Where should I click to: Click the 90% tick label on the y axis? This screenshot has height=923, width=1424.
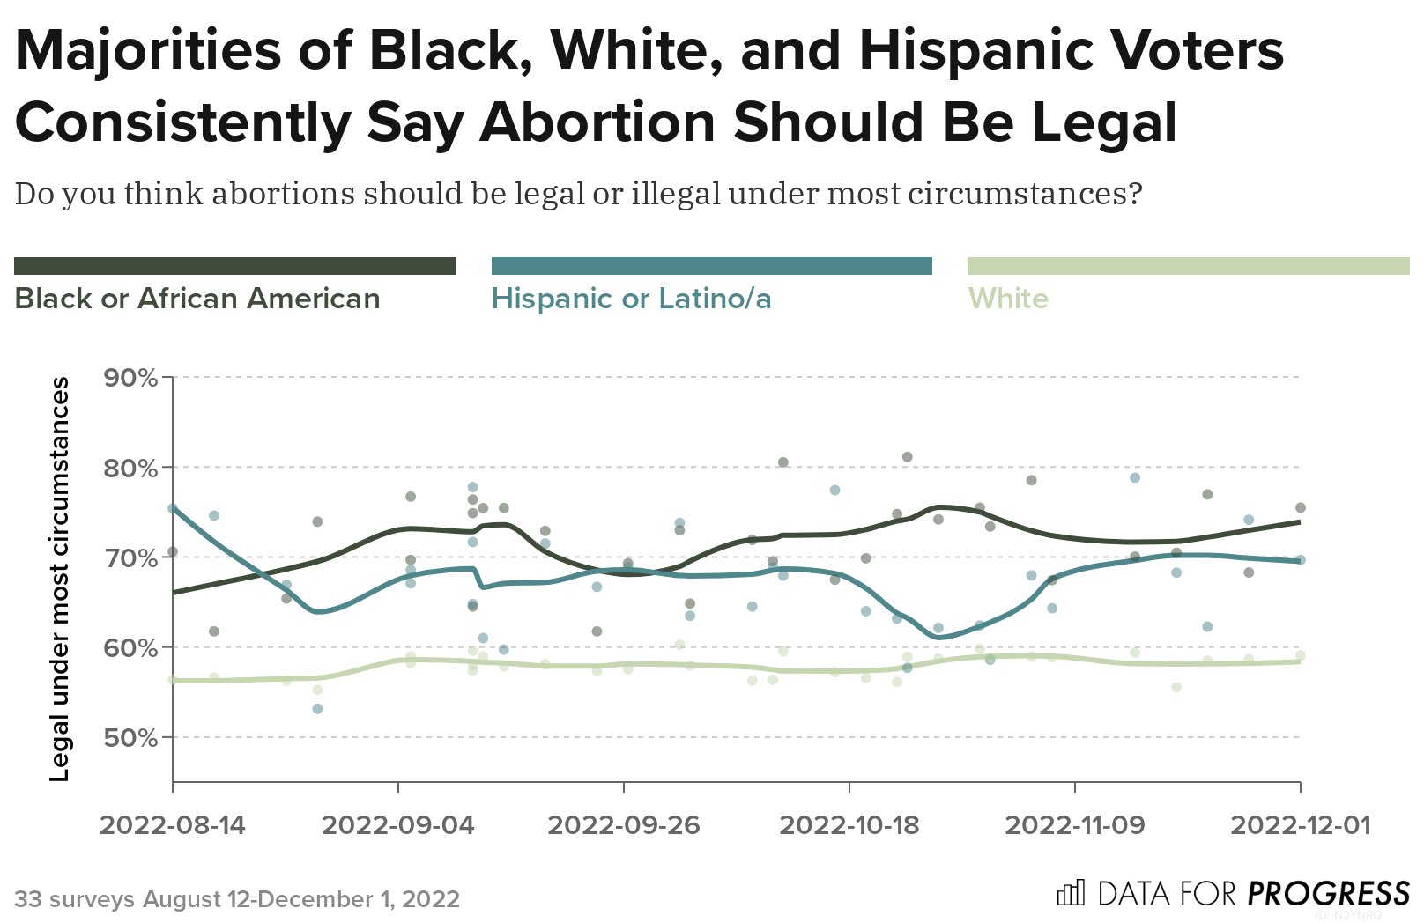[130, 378]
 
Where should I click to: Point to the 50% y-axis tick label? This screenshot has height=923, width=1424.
[130, 738]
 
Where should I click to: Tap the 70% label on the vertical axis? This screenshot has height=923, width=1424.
[130, 558]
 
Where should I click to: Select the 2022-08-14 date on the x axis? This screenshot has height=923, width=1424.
[173, 825]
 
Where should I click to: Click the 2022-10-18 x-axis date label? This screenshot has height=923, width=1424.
[849, 825]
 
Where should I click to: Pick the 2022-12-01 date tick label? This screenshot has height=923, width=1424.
[1301, 825]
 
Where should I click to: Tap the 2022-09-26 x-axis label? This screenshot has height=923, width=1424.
[624, 825]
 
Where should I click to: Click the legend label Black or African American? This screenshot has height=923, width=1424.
[197, 299]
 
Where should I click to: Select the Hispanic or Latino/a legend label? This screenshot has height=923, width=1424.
[631, 299]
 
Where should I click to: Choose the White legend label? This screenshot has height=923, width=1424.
[1008, 299]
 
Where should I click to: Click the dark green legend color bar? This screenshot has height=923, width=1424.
[235, 266]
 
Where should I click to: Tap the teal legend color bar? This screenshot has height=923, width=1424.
[711, 266]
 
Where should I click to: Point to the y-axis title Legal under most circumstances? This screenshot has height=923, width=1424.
[59, 579]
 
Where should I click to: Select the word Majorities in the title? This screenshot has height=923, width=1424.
[148, 50]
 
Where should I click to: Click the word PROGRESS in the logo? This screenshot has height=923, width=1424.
[1329, 894]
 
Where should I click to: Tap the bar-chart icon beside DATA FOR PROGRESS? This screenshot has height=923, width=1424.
[1071, 893]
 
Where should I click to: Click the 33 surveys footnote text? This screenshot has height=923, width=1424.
[237, 899]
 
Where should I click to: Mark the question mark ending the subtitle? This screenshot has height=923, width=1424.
[1134, 193]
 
